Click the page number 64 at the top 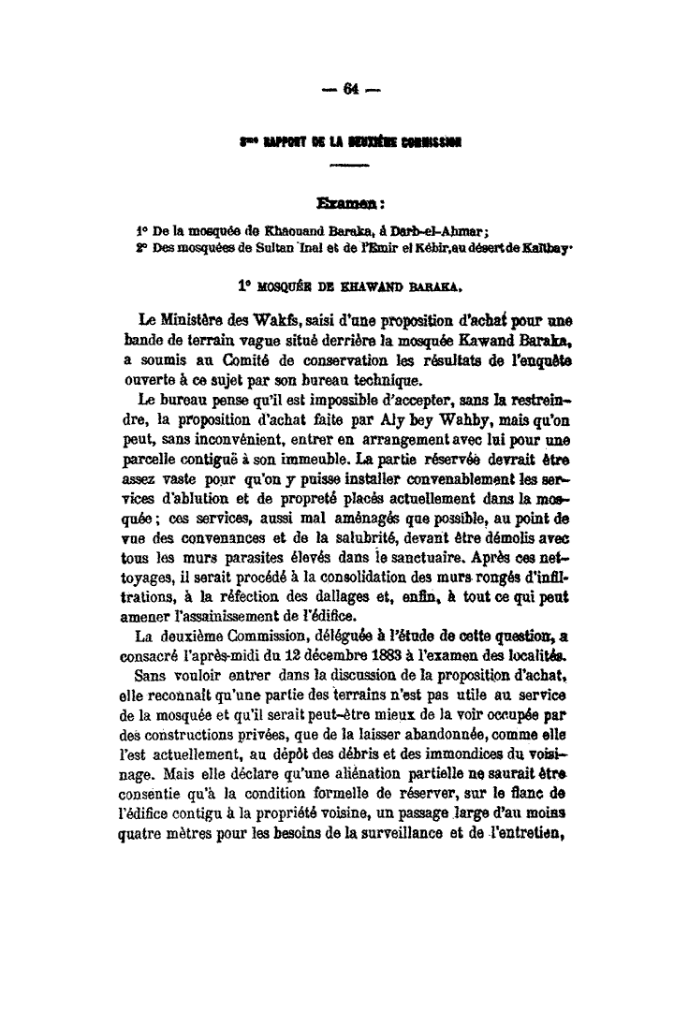351,90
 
